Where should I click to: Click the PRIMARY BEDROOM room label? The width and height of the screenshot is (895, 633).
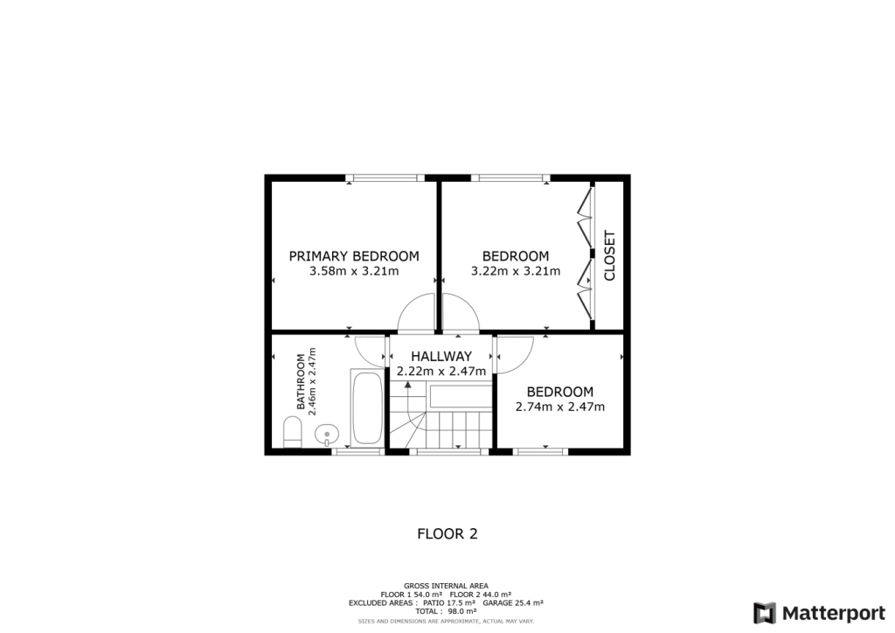(354, 256)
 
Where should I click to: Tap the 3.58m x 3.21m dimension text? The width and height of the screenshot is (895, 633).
(354, 271)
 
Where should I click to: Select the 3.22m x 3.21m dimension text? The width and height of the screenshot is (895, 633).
(516, 271)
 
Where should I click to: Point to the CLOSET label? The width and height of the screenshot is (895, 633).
(610, 255)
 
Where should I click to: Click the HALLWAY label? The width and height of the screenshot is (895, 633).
(441, 356)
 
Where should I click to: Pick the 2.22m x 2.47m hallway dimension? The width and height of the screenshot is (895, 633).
(441, 371)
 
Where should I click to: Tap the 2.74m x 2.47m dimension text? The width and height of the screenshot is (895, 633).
(560, 407)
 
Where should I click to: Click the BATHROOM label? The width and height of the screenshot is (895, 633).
(301, 382)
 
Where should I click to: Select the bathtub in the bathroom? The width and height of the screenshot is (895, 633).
(366, 408)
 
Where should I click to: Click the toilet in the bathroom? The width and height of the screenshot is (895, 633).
(293, 431)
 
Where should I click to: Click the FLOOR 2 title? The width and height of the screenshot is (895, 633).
(447, 533)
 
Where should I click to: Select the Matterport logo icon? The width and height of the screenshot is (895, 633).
(765, 612)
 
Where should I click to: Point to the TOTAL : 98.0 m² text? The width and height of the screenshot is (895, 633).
(447, 611)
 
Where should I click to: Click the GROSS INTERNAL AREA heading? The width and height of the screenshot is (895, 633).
(447, 586)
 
